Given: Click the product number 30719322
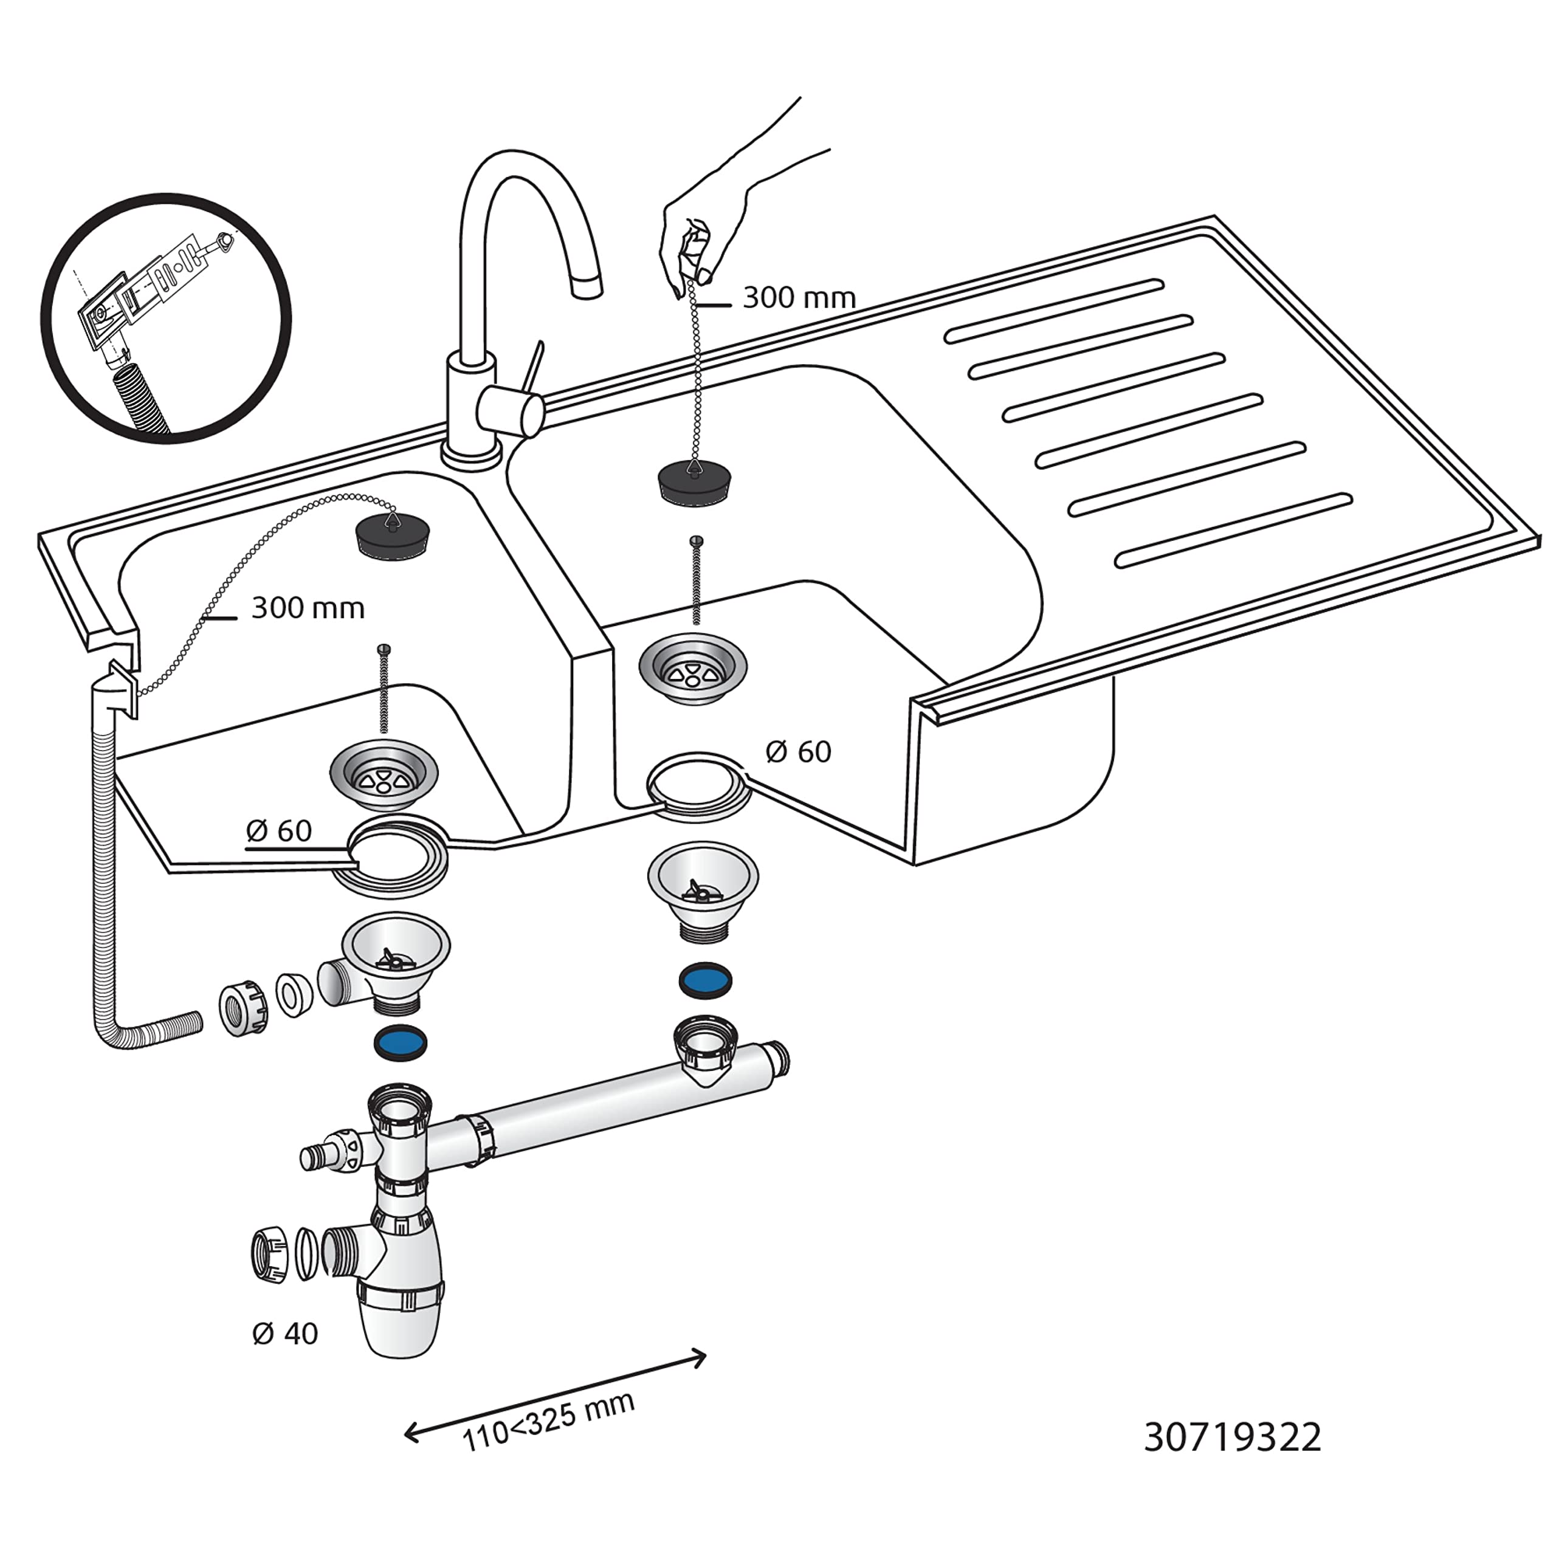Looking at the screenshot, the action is point(1232,1437).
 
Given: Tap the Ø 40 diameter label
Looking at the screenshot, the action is point(285,1334).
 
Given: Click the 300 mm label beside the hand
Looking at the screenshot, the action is point(799,298).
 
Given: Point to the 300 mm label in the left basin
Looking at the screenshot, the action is point(308,607).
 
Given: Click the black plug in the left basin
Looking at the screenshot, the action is point(392,534).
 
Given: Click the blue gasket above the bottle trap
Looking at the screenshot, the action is point(401,1043).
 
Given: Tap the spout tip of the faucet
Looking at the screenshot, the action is point(587,286).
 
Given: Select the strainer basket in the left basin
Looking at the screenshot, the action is point(384,775).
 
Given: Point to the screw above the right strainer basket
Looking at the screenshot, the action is point(697,580).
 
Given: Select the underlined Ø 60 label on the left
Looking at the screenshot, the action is point(278,830).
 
